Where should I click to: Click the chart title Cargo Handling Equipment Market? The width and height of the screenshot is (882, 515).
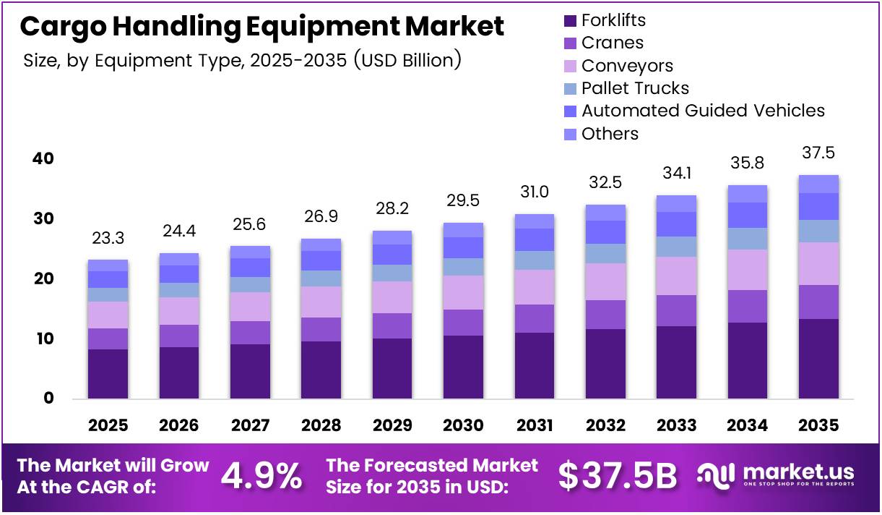(x=261, y=27)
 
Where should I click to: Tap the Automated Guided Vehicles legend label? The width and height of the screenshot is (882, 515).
(x=702, y=111)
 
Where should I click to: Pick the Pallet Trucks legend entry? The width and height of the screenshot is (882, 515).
(x=634, y=88)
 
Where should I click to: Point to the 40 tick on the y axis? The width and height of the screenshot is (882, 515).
(x=43, y=158)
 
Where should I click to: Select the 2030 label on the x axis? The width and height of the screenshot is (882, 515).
(x=463, y=425)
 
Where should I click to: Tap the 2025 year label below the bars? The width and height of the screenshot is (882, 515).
(x=108, y=425)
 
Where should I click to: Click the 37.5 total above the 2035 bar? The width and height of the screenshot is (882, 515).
(x=818, y=153)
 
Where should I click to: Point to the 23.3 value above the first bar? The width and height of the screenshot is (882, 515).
(x=108, y=238)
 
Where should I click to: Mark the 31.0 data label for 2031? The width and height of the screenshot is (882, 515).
(x=534, y=192)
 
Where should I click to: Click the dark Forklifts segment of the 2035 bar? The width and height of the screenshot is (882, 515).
(x=818, y=359)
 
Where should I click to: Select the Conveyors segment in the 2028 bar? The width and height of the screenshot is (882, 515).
(x=321, y=302)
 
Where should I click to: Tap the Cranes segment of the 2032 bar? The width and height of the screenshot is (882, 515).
(x=605, y=315)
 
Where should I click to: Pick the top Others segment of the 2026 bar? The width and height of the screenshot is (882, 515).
(x=178, y=259)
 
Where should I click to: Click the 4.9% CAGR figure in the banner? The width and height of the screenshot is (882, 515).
(x=261, y=475)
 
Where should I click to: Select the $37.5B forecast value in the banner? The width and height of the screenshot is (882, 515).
(x=618, y=475)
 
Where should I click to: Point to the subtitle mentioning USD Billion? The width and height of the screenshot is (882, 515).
(x=242, y=59)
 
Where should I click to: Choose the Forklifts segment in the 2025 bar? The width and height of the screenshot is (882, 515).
(x=108, y=374)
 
